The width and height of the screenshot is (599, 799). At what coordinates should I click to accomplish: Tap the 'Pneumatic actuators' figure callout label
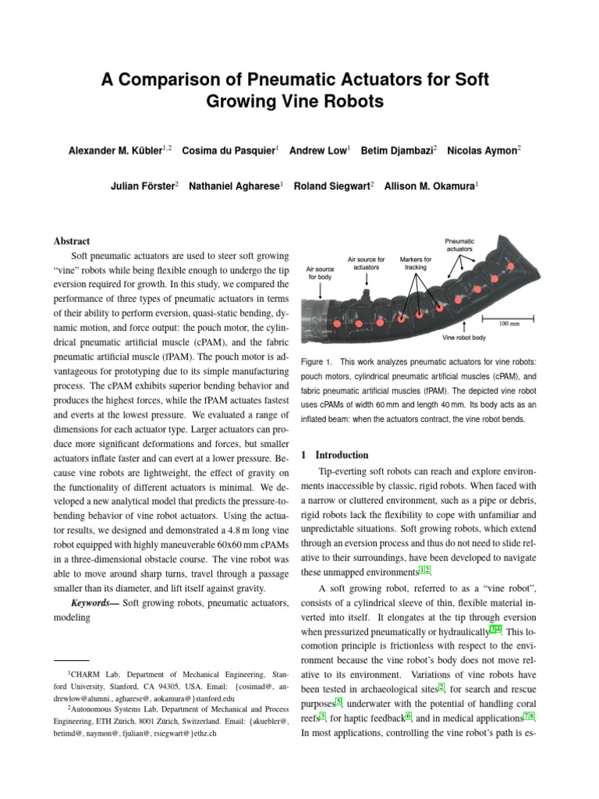(x=459, y=245)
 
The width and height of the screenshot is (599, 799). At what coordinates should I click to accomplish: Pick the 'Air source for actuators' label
(x=366, y=263)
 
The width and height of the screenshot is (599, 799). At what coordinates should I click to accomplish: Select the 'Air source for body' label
(x=320, y=272)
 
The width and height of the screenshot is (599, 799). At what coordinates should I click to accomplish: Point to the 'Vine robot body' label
(x=464, y=338)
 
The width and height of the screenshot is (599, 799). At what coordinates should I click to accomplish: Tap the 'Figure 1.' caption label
(x=317, y=362)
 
